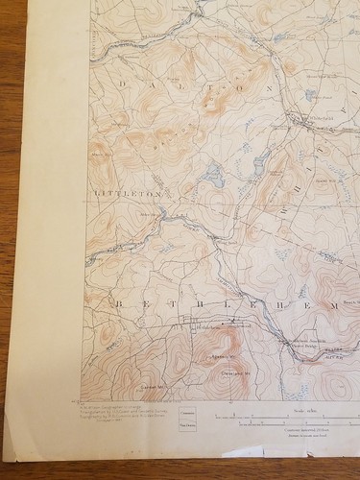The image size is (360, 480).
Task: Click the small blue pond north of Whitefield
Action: (309, 95)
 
